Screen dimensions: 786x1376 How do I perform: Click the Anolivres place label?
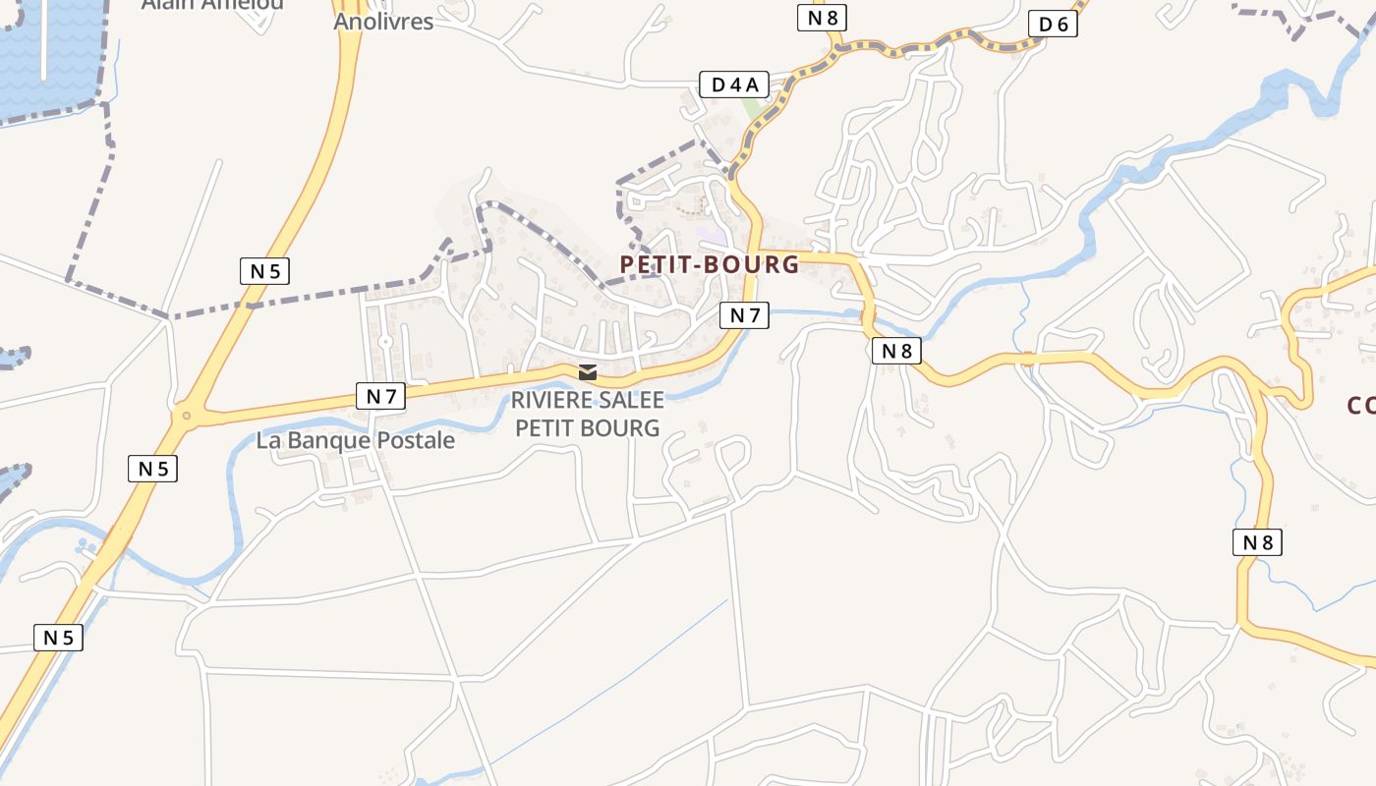tap(383, 21)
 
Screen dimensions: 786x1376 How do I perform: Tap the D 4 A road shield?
tap(733, 84)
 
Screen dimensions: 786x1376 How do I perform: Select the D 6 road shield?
tap(1053, 25)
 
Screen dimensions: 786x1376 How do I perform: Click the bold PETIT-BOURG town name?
tap(710, 264)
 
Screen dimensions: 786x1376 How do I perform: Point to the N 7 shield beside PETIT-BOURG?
tap(744, 315)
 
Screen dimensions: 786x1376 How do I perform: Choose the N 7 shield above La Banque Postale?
tap(381, 397)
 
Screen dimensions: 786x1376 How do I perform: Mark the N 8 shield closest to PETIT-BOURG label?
tap(896, 351)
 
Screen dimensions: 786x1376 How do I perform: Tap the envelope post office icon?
tap(588, 372)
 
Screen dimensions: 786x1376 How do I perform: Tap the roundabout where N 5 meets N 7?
tap(184, 417)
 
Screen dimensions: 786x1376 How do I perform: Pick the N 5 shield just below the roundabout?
tap(153, 469)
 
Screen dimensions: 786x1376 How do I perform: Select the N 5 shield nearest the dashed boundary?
tap(264, 271)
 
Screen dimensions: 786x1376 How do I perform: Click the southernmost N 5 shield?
tap(58, 638)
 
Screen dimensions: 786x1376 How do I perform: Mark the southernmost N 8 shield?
tap(1257, 542)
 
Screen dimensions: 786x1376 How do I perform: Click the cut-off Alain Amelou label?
tap(212, 5)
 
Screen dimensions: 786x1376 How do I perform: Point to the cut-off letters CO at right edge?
tap(1360, 405)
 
